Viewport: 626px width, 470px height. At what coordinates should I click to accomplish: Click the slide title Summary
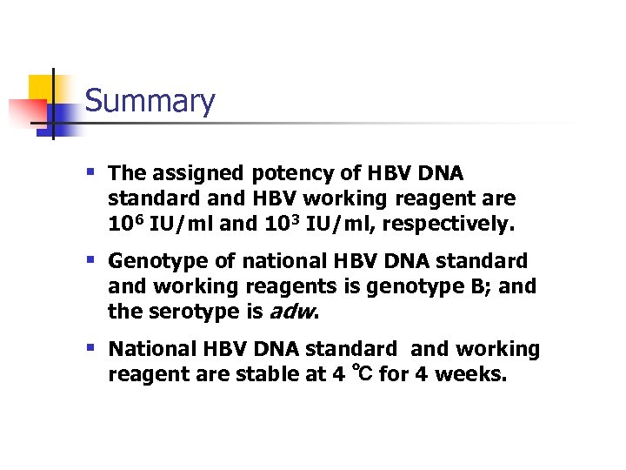point(150,102)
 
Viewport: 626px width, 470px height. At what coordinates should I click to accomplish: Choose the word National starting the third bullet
point(153,349)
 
